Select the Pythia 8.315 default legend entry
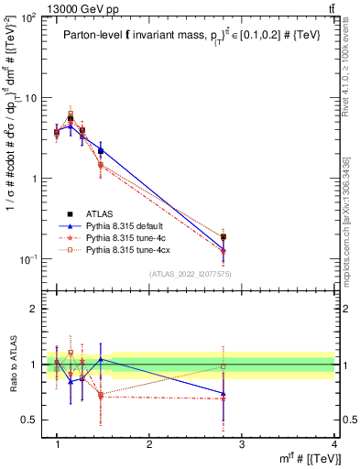pos(129,224)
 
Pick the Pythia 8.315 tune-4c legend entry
pos(129,236)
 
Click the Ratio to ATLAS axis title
pos(13,366)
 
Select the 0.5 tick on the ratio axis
pos(31,420)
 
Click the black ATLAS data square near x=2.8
pos(224,237)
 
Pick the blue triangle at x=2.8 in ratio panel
pos(224,394)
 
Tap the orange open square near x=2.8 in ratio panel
pos(224,366)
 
